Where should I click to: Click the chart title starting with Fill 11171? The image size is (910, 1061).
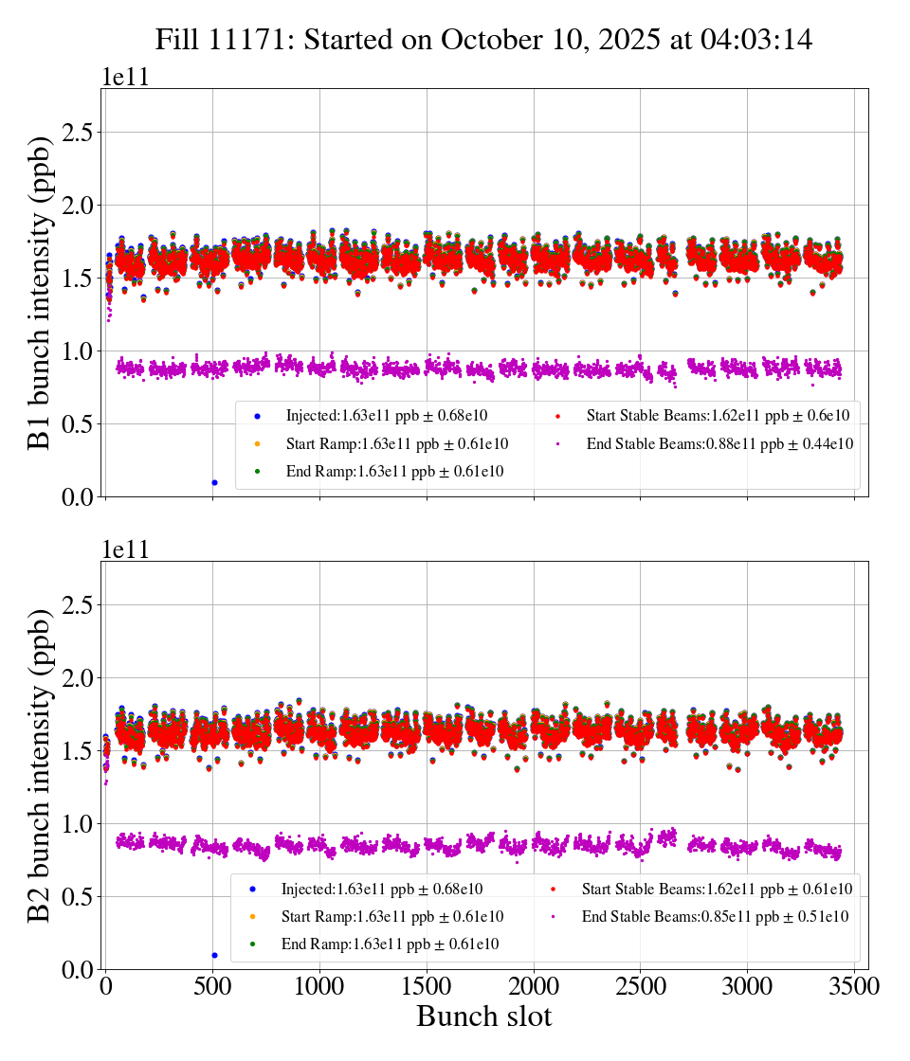pyautogui.click(x=483, y=40)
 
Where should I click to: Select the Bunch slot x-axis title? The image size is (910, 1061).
pyautogui.click(x=483, y=1017)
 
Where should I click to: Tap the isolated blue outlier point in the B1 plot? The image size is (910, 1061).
pyautogui.click(x=214, y=482)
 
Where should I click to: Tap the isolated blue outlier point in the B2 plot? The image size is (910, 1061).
pyautogui.click(x=214, y=955)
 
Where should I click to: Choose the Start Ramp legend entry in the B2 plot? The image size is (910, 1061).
pyautogui.click(x=391, y=916)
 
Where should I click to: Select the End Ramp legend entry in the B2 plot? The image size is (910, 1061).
pyautogui.click(x=390, y=944)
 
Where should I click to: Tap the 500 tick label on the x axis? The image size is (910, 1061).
pyautogui.click(x=212, y=985)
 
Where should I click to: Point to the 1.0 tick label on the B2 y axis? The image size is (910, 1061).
pyautogui.click(x=82, y=824)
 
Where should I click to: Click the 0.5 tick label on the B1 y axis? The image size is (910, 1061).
pyautogui.click(x=82, y=424)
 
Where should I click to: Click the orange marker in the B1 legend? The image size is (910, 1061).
pyautogui.click(x=257, y=443)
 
